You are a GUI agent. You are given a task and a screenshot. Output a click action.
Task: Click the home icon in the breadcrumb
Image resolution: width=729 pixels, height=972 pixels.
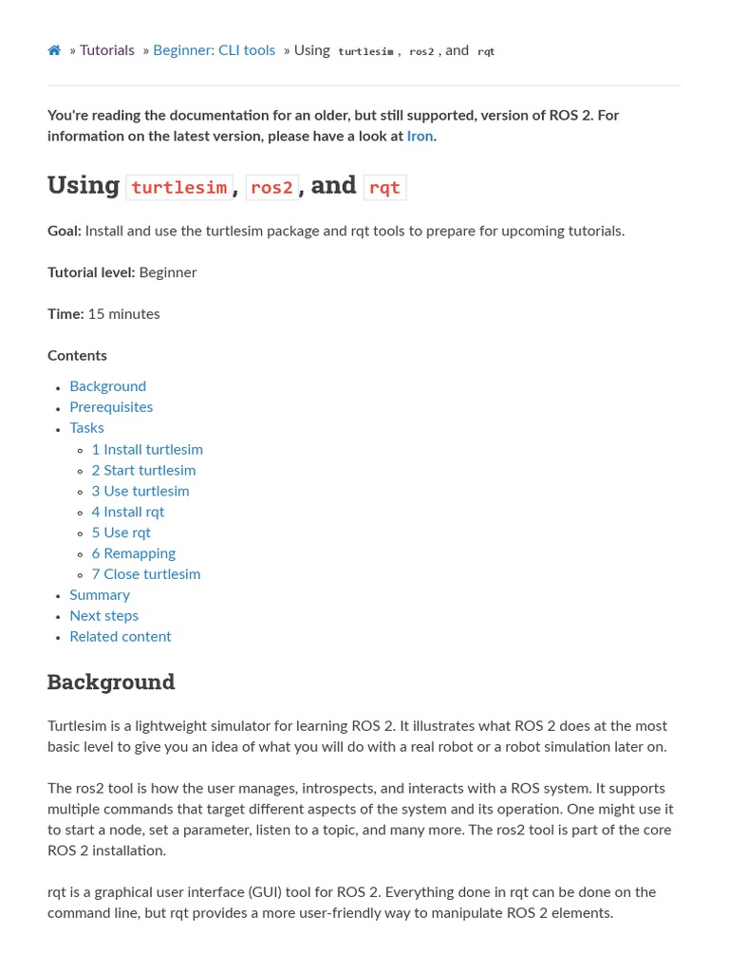tap(54, 50)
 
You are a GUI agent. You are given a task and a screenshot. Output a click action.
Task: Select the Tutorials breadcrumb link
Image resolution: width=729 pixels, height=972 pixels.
tap(106, 50)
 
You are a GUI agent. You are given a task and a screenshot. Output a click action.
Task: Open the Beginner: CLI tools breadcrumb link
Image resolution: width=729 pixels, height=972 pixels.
tap(214, 50)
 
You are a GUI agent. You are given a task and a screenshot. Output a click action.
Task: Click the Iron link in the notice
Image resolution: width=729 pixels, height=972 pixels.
tap(420, 136)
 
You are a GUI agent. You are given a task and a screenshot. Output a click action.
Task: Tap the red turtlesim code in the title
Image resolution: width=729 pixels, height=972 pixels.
tap(178, 187)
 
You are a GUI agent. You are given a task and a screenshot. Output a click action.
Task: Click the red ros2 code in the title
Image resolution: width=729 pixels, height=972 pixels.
tap(271, 187)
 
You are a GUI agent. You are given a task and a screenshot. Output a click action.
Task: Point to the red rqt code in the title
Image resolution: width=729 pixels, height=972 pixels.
tap(384, 187)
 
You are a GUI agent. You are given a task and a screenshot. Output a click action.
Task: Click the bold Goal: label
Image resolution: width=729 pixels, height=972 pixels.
tap(65, 231)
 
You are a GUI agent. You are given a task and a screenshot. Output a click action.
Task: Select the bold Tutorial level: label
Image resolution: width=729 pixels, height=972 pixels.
tap(91, 272)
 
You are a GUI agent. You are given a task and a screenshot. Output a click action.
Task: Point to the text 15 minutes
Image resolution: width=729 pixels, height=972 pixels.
tap(123, 314)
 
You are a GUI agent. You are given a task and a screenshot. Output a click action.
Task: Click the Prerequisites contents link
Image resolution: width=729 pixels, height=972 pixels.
tap(111, 407)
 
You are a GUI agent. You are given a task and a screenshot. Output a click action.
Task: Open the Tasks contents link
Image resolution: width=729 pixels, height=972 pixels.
tap(86, 428)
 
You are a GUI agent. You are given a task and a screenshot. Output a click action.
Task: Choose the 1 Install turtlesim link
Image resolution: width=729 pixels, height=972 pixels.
tap(147, 450)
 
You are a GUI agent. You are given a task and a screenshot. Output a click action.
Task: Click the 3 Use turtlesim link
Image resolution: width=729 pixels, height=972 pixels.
tap(140, 492)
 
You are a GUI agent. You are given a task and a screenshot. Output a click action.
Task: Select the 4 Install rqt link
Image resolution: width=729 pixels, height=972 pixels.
tap(128, 513)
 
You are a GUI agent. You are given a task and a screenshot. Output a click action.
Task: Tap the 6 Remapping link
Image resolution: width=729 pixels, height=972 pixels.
tap(134, 553)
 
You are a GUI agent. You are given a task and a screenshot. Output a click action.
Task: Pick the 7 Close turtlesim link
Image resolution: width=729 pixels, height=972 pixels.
tap(146, 574)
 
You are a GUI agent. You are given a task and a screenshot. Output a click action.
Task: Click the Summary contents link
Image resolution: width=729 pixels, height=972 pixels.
tap(100, 595)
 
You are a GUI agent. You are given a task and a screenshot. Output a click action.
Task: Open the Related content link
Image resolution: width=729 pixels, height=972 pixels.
tap(121, 637)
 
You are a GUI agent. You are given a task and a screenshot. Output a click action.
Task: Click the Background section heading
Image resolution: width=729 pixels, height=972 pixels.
tap(111, 682)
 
